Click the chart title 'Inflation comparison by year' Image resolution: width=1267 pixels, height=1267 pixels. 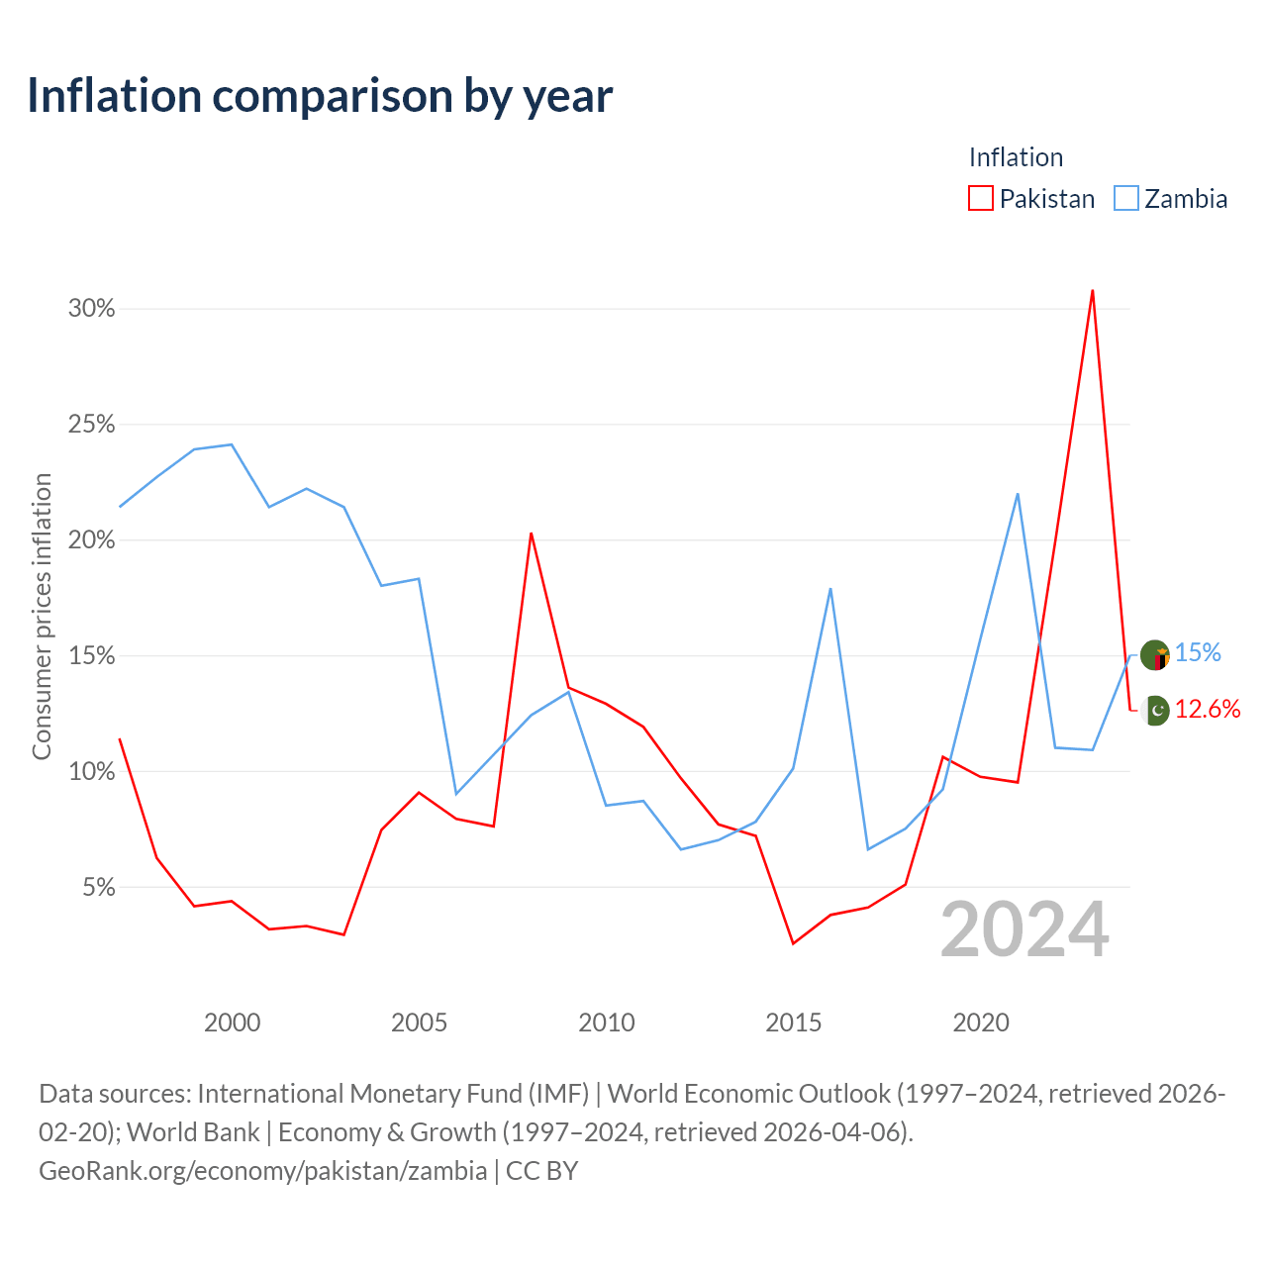point(320,96)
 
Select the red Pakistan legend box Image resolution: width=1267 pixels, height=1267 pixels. point(980,199)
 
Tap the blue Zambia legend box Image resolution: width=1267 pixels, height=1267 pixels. point(1125,199)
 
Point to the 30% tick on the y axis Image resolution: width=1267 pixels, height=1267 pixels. point(91,309)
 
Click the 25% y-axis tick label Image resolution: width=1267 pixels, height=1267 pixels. point(91,424)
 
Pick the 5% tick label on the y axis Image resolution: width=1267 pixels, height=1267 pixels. point(99,887)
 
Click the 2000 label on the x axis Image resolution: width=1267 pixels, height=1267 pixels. point(232,1023)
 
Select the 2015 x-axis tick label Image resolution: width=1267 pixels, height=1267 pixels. point(794,1023)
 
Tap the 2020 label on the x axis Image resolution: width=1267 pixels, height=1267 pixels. point(981,1023)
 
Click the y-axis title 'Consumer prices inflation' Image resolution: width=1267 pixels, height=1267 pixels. point(42,617)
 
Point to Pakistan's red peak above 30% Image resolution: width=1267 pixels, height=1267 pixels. point(1092,291)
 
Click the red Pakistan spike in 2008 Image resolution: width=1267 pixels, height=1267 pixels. point(531,534)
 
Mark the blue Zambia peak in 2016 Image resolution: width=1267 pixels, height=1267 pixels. point(830,589)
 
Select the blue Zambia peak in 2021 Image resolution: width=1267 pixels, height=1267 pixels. point(1018,495)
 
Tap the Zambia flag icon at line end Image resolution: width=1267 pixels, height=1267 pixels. point(1154,655)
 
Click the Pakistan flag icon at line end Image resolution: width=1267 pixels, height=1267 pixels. point(1156,710)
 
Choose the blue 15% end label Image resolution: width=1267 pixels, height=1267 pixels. point(1198,652)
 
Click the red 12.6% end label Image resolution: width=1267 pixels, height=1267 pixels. point(1208,709)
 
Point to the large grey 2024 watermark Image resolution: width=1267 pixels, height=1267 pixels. point(1025,929)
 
